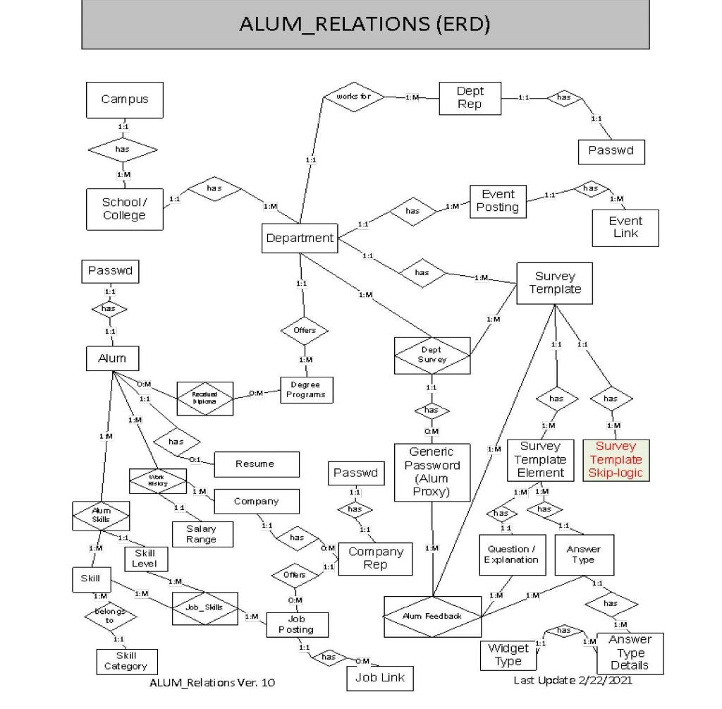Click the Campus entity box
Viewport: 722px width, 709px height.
125,99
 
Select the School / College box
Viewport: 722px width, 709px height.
125,209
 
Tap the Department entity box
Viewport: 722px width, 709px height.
300,238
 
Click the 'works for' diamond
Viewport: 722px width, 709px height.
354,97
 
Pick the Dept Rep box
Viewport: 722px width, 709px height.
470,98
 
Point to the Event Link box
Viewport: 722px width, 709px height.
625,227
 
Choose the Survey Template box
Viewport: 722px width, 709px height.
554,283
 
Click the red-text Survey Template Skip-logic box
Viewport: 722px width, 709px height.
616,460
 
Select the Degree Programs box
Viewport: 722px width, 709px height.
307,389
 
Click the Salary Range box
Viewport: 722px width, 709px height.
201,534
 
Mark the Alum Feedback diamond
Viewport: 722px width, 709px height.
433,616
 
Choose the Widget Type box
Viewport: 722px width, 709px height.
508,654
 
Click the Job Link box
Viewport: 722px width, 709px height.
379,678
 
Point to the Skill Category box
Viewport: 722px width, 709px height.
126,660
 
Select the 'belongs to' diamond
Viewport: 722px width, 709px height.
111,617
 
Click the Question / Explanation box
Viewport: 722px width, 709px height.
512,555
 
